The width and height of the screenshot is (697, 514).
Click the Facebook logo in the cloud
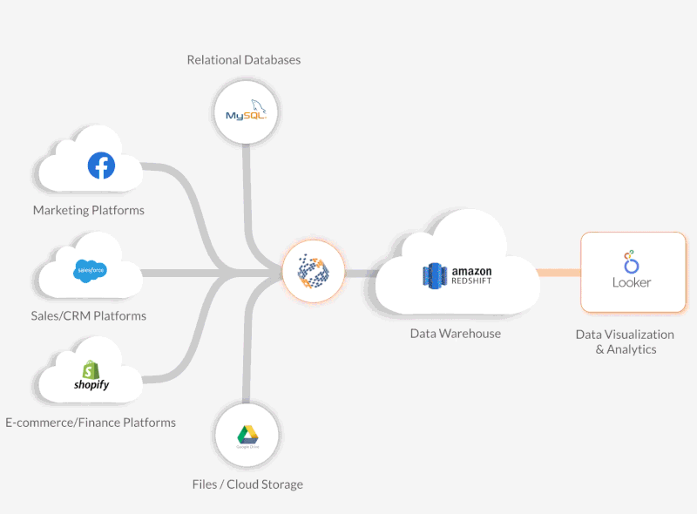(101, 166)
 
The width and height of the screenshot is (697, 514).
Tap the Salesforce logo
(91, 271)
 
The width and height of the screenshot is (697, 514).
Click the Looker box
(633, 272)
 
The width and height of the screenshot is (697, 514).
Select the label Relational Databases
(244, 60)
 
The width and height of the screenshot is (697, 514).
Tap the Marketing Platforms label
(89, 210)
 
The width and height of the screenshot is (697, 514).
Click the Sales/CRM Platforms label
(89, 315)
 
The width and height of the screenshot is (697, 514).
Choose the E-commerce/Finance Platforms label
(91, 423)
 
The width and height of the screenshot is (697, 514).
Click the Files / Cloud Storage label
(247, 484)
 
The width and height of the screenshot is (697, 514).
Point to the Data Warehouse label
(456, 333)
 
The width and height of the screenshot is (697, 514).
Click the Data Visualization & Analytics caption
(625, 342)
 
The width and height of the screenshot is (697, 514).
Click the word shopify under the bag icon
(91, 384)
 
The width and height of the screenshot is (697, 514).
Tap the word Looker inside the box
(632, 283)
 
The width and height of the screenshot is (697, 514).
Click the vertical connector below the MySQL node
(247, 187)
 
